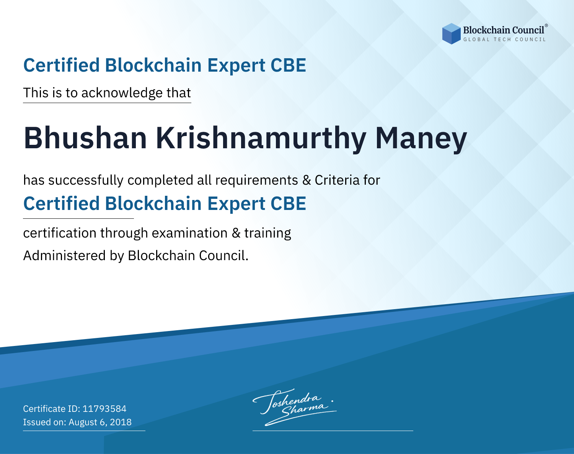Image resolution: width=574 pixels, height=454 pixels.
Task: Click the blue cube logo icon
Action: [451, 34]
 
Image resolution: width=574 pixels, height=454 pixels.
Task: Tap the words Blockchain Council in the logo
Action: [504, 30]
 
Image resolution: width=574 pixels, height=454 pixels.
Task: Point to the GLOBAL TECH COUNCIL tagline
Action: [504, 39]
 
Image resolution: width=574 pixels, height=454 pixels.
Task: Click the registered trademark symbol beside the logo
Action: [546, 26]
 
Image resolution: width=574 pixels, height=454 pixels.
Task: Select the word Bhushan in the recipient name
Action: [85, 138]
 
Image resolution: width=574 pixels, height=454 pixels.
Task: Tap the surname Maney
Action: [421, 141]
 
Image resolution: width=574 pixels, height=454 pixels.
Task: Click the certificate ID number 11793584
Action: [104, 408]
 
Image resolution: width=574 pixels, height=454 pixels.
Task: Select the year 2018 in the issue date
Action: [121, 422]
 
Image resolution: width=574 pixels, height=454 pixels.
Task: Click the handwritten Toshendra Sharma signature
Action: [294, 407]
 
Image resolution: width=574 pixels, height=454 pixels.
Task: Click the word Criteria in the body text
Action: [337, 180]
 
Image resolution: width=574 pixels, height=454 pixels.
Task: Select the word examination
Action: [189, 233]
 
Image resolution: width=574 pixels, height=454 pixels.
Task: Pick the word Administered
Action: [65, 256]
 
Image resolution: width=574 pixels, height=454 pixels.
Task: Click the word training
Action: [267, 234]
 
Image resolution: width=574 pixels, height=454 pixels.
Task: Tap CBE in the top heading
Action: [288, 65]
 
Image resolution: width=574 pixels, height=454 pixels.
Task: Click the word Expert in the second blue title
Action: [236, 204]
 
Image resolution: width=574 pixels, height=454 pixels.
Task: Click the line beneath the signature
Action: [333, 431]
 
